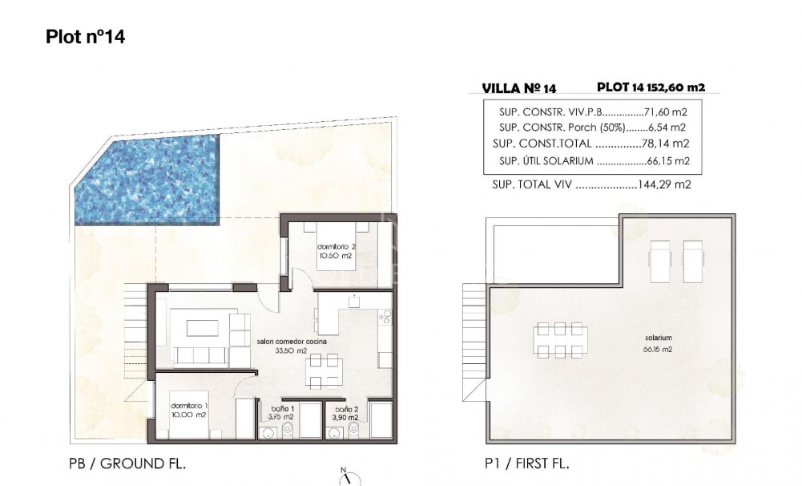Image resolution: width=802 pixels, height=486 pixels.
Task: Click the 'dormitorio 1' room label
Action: tap(189, 409)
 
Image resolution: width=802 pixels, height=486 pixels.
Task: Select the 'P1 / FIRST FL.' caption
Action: tap(526, 464)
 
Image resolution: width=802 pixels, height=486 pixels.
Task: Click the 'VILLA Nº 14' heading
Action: tap(519, 88)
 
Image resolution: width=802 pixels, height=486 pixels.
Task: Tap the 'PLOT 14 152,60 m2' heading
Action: tap(651, 87)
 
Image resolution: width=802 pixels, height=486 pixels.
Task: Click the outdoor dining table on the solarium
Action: tap(560, 339)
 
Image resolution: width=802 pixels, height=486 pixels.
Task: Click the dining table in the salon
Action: tap(324, 371)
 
